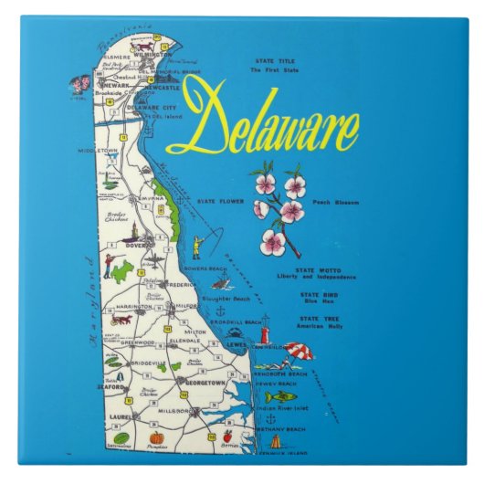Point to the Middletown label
99,149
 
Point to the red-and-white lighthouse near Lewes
265,331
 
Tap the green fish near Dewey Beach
276,397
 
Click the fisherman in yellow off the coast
196,246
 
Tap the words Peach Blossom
334,202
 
